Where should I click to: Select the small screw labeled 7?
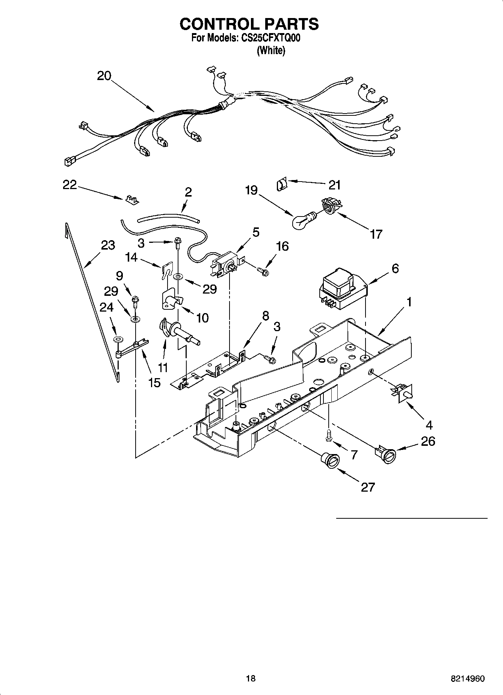[329, 437]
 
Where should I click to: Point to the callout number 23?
[108, 245]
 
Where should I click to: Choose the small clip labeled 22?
[130, 199]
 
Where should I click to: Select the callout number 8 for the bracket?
[265, 316]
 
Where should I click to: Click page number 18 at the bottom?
[251, 678]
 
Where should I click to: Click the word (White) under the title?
[270, 50]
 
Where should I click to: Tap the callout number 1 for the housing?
[409, 301]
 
